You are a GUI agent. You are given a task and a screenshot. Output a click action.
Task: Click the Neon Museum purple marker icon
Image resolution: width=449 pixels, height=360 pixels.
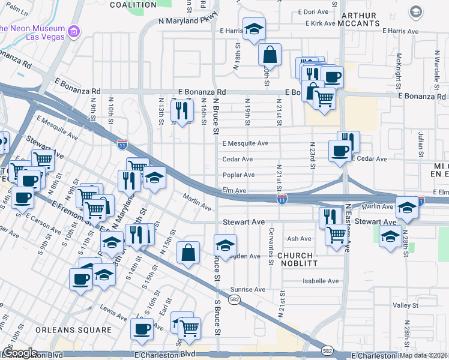(74, 31)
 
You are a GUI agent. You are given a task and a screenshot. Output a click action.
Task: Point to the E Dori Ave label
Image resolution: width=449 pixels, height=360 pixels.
(313, 11)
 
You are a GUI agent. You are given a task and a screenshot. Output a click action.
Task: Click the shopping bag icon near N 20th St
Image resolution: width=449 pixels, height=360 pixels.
(270, 55)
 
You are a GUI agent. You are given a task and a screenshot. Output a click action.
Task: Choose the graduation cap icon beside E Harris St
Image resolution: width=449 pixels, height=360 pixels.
(254, 28)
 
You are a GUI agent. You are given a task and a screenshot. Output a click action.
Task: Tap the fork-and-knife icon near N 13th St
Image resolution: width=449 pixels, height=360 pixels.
(181, 110)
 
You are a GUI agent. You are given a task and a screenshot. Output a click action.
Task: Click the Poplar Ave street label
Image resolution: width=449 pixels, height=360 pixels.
(239, 175)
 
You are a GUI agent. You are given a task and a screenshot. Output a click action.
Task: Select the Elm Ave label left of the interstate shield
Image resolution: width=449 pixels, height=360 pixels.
(234, 191)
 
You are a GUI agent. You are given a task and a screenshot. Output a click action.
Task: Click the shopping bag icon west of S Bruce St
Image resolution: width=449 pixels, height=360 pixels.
(188, 253)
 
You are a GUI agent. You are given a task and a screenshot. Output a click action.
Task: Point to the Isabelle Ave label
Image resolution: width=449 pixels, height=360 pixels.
(321, 281)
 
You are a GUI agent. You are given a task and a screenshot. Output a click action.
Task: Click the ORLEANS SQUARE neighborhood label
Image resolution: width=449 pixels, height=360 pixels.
(73, 330)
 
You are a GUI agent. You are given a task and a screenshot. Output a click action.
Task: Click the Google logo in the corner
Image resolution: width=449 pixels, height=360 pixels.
(20, 353)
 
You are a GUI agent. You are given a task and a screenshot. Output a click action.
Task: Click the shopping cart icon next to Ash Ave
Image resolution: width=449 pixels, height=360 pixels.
(336, 235)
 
